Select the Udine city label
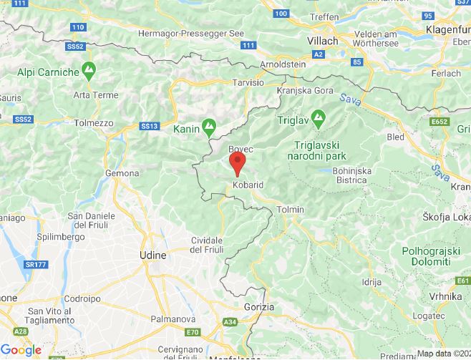point(152,255)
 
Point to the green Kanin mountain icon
point(208,127)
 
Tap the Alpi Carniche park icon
point(89,72)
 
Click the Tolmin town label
point(291,209)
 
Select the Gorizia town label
point(258,306)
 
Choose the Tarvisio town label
point(248,83)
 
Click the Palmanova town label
point(170,318)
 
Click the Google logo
point(21,349)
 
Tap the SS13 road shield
point(148,127)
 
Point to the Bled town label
point(395,137)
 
